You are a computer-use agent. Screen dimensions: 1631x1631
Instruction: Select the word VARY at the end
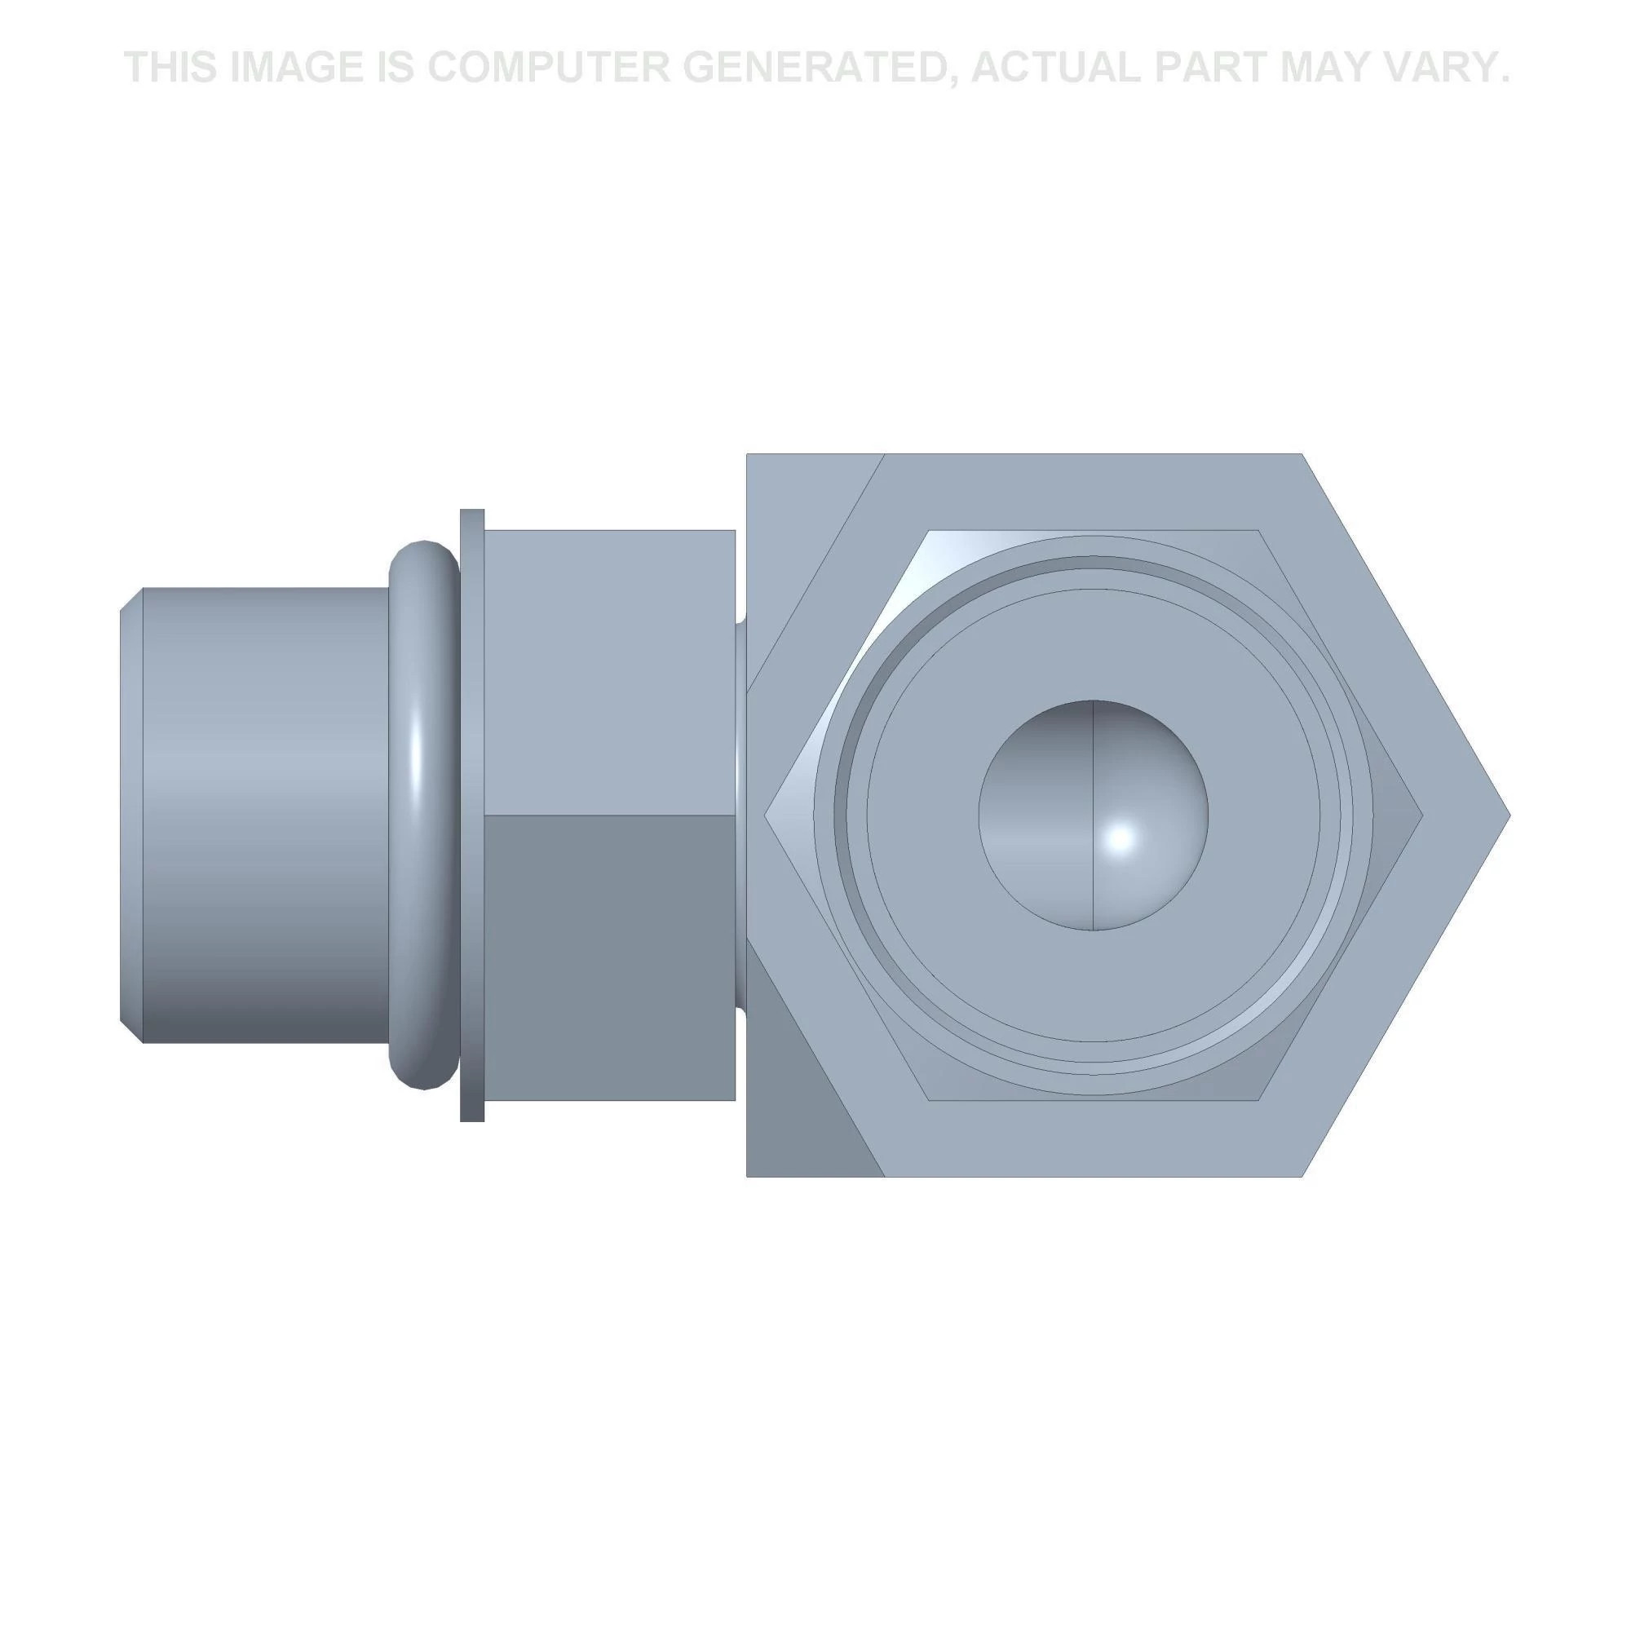point(1444,68)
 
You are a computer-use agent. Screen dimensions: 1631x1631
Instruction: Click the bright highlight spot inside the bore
point(1121,838)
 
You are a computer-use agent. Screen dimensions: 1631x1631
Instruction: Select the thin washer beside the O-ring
point(472,815)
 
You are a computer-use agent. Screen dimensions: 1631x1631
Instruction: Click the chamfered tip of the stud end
point(130,815)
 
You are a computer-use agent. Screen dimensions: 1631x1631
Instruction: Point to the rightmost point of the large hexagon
point(1507,815)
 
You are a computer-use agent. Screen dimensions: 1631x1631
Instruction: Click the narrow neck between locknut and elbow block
point(740,815)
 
